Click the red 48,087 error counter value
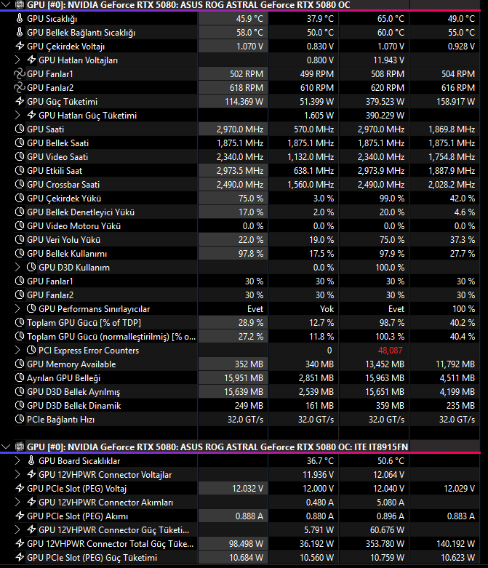tap(391, 351)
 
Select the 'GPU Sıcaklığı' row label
tap(52, 19)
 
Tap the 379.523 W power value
tap(385, 102)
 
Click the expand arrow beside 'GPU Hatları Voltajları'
tap(17, 60)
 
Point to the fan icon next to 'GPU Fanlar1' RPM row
tap(19, 74)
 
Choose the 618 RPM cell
tap(247, 88)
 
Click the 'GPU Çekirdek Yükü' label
tap(64, 199)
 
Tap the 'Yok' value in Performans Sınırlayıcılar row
tap(327, 309)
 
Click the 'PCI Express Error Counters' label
tap(89, 351)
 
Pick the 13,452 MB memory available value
tap(385, 364)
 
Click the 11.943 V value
tap(389, 60)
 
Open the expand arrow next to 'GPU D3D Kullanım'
tap(17, 268)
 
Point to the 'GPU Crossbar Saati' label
tap(63, 185)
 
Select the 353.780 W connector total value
tap(385, 544)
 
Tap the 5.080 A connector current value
tap(391, 503)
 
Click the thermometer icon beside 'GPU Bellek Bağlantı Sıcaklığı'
tap(20, 32)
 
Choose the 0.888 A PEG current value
tap(249, 516)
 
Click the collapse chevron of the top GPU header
tap(6, 4)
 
